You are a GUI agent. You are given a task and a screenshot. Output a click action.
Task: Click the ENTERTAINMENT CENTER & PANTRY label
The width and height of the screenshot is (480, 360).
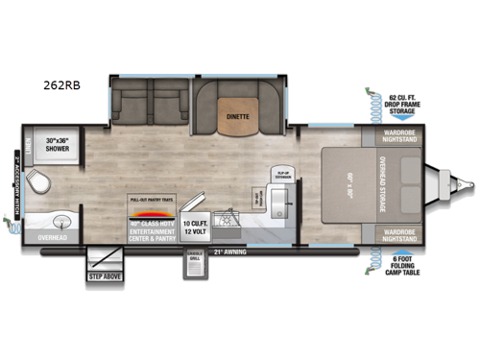[153, 233]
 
